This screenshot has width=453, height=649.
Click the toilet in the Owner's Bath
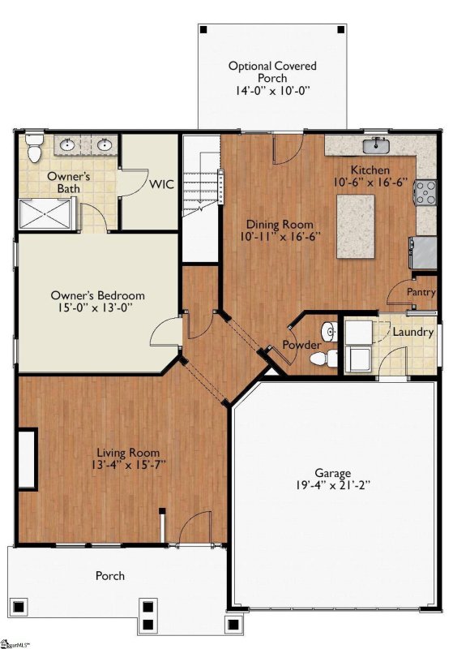(34, 148)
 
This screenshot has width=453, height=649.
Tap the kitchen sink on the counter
(377, 146)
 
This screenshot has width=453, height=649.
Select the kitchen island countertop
(356, 226)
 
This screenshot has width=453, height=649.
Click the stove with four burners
(425, 192)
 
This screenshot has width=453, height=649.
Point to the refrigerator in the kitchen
(423, 252)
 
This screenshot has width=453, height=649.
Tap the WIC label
(161, 184)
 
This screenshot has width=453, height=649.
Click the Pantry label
(421, 292)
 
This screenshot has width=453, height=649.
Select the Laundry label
(413, 332)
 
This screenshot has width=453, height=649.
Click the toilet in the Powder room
(323, 359)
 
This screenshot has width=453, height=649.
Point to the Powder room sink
(329, 331)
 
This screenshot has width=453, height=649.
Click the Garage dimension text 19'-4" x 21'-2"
(333, 485)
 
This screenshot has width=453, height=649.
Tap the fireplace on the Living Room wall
(28, 459)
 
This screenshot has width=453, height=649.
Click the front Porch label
(110, 576)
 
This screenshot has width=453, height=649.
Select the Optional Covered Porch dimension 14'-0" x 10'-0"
(273, 90)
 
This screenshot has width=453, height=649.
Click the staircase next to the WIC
(201, 198)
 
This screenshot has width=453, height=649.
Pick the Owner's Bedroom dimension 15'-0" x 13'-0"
(97, 307)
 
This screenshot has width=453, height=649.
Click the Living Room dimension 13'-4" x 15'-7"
(129, 464)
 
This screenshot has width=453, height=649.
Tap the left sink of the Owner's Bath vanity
(67, 145)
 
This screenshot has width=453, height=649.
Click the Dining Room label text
(280, 225)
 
